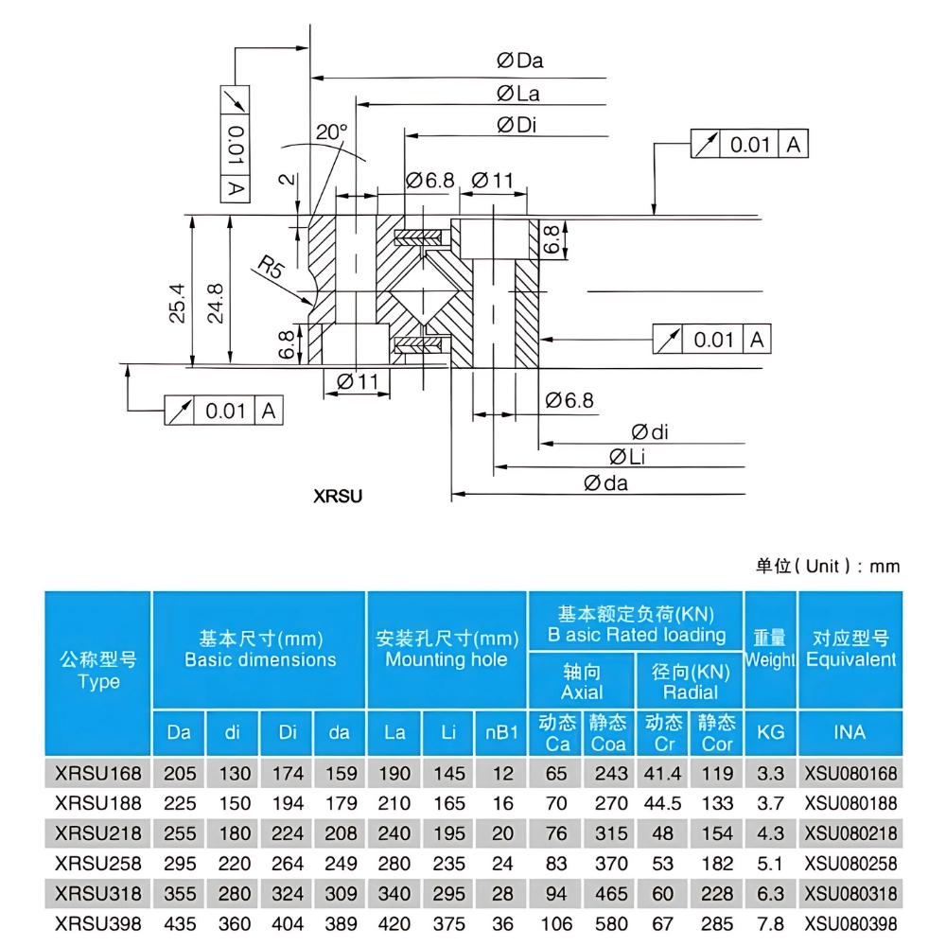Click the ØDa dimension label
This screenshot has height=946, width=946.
point(520,61)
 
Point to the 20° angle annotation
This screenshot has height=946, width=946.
point(332,132)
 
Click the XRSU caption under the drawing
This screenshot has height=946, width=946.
point(338,495)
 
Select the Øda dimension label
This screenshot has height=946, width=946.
point(606,484)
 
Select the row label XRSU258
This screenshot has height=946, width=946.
point(98,864)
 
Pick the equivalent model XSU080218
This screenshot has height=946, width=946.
point(850,833)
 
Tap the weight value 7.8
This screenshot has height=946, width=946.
point(771,924)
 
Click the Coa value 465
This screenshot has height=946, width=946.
point(610,894)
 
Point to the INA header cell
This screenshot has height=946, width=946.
point(850,732)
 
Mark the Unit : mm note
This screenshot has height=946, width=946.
point(828,567)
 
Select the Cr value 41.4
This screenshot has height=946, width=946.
point(663,774)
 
